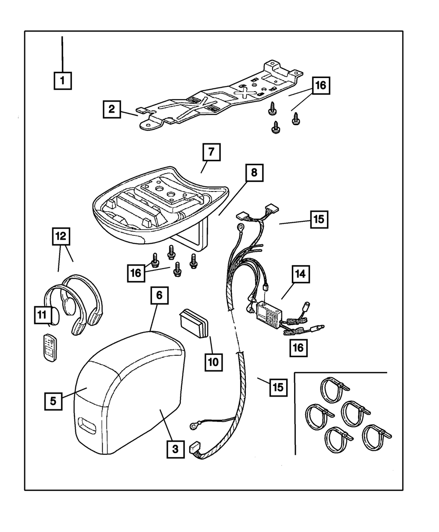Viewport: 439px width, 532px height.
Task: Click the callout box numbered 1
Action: click(x=62, y=81)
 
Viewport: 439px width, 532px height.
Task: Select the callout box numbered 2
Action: click(x=112, y=109)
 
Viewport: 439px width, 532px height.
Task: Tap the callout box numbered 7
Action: click(x=212, y=152)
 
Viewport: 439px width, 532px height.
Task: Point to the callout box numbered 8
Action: click(x=255, y=173)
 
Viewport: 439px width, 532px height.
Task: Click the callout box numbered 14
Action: click(x=301, y=274)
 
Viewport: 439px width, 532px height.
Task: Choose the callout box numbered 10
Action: click(x=214, y=362)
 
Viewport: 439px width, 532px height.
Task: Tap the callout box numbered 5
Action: click(x=54, y=401)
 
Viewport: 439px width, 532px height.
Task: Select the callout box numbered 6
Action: click(x=159, y=295)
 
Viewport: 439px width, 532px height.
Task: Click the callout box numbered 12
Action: click(x=61, y=237)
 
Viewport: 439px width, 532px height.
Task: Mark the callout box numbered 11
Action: click(x=43, y=315)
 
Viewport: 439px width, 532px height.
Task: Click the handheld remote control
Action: click(x=50, y=348)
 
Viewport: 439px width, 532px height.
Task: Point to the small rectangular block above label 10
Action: click(x=194, y=323)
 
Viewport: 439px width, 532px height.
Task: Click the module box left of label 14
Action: click(x=269, y=315)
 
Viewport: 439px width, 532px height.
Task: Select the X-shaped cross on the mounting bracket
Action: click(x=245, y=93)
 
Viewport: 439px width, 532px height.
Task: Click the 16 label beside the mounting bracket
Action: click(x=321, y=85)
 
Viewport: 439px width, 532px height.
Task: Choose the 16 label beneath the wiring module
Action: click(x=299, y=348)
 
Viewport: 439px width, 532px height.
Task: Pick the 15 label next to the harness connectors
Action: click(x=319, y=220)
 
